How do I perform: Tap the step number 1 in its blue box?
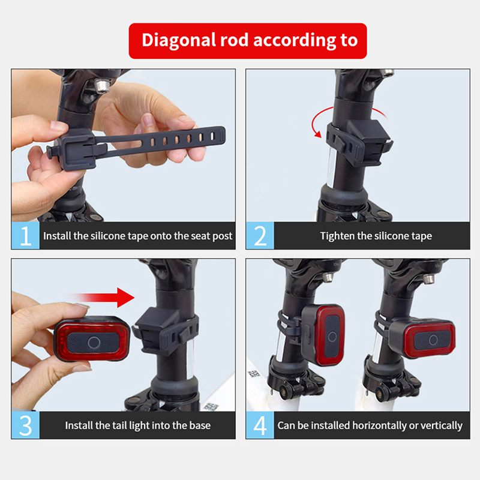click(x=26, y=236)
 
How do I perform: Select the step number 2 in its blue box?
click(x=260, y=236)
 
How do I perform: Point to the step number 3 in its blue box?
click(x=26, y=425)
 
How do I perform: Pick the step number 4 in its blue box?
click(x=260, y=425)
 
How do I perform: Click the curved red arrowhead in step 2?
click(x=319, y=134)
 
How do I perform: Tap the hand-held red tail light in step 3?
click(x=92, y=339)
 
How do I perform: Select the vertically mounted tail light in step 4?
click(x=323, y=335)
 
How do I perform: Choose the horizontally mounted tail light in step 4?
click(x=422, y=338)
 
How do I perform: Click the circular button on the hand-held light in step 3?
click(x=94, y=342)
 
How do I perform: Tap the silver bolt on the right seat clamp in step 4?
click(x=428, y=279)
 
